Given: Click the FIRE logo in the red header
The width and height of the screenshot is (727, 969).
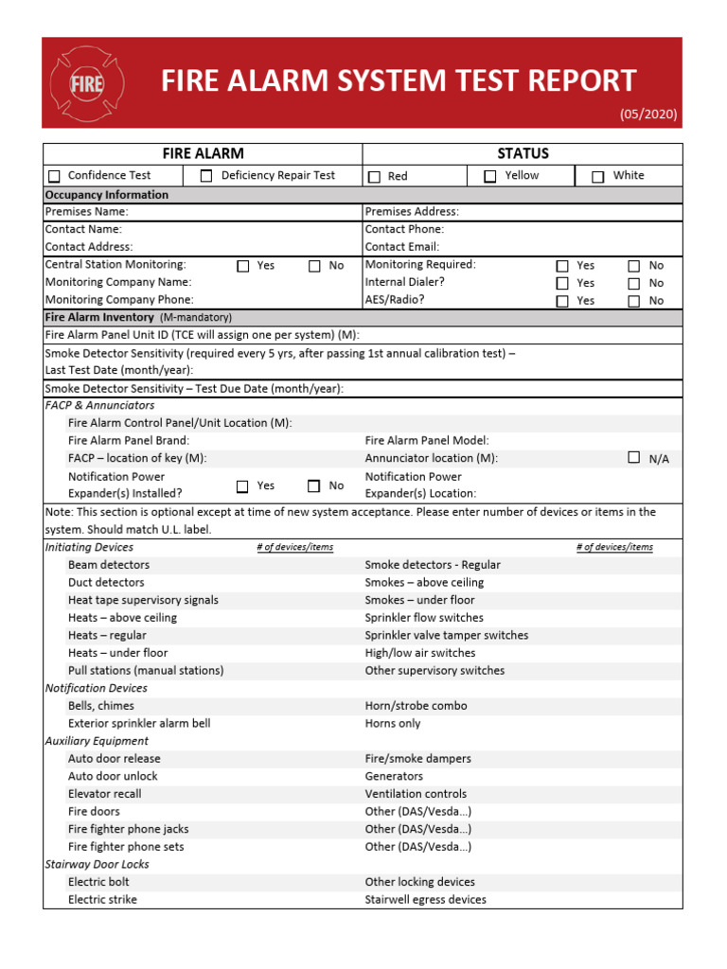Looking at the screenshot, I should [x=86, y=83].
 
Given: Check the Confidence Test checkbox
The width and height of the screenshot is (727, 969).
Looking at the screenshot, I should [x=54, y=176].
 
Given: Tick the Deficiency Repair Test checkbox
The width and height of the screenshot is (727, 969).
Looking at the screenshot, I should [x=206, y=176].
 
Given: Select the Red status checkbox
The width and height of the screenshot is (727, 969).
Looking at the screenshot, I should [x=374, y=177].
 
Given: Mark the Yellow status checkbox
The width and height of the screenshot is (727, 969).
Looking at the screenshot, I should [x=489, y=176].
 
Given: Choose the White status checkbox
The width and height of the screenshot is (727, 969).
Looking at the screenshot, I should [x=597, y=177].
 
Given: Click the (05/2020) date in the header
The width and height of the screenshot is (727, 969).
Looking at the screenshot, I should [x=648, y=115].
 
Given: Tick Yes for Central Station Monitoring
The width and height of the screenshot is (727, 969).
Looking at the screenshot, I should [x=242, y=266].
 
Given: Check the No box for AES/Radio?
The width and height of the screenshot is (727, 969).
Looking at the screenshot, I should [x=634, y=301].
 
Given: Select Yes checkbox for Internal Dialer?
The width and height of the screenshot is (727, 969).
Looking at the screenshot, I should [x=562, y=283].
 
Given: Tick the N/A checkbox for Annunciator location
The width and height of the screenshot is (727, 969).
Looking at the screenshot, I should [x=634, y=458].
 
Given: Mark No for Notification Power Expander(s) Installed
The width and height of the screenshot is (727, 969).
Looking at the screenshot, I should [x=313, y=486].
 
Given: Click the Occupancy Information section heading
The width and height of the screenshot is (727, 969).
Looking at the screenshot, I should [x=107, y=195].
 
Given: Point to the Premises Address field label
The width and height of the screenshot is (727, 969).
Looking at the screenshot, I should [x=412, y=212].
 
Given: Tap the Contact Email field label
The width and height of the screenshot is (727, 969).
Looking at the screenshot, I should [x=402, y=247].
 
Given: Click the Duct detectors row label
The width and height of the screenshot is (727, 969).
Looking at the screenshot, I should [x=106, y=583].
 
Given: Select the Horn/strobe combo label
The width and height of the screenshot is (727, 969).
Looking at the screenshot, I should [x=416, y=706].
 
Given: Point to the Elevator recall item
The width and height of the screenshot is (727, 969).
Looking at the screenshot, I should [x=104, y=794].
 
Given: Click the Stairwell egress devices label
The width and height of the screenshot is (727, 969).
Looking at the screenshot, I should [x=425, y=900].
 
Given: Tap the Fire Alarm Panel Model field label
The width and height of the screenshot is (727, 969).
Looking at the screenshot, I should [x=427, y=441].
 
